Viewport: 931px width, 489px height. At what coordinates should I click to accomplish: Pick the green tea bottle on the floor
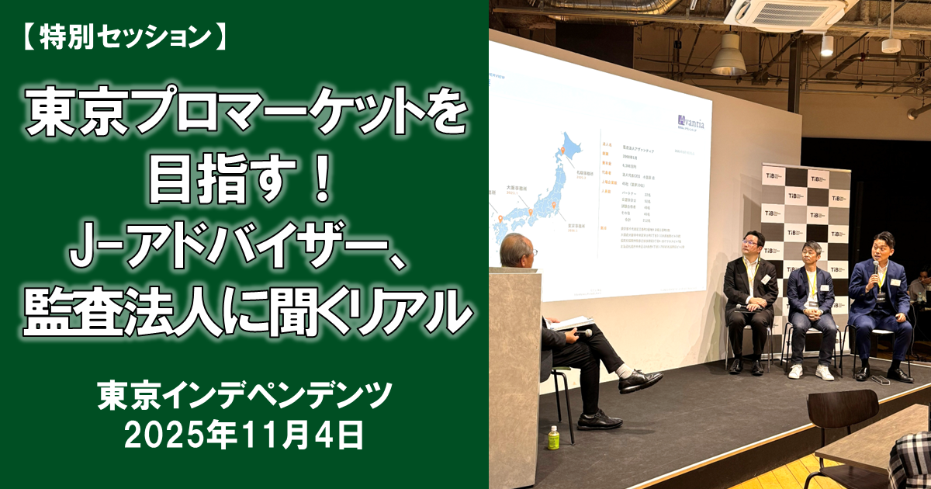[553, 438]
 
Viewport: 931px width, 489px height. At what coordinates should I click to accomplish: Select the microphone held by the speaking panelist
[876, 269]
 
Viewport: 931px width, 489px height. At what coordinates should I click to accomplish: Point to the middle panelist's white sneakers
[811, 372]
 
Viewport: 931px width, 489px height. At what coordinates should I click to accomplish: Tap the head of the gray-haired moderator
[517, 251]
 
